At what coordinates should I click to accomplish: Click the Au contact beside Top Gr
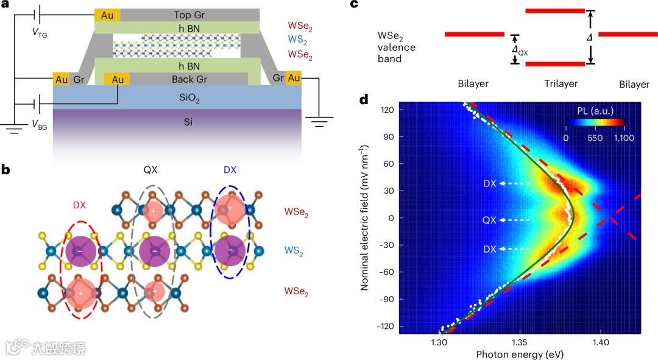pos(107,14)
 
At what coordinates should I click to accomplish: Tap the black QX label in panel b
pos(150,172)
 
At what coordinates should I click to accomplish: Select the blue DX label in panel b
pos(230,172)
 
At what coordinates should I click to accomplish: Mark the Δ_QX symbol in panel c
pos(520,51)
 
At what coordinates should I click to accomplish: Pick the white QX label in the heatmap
pos(489,220)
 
